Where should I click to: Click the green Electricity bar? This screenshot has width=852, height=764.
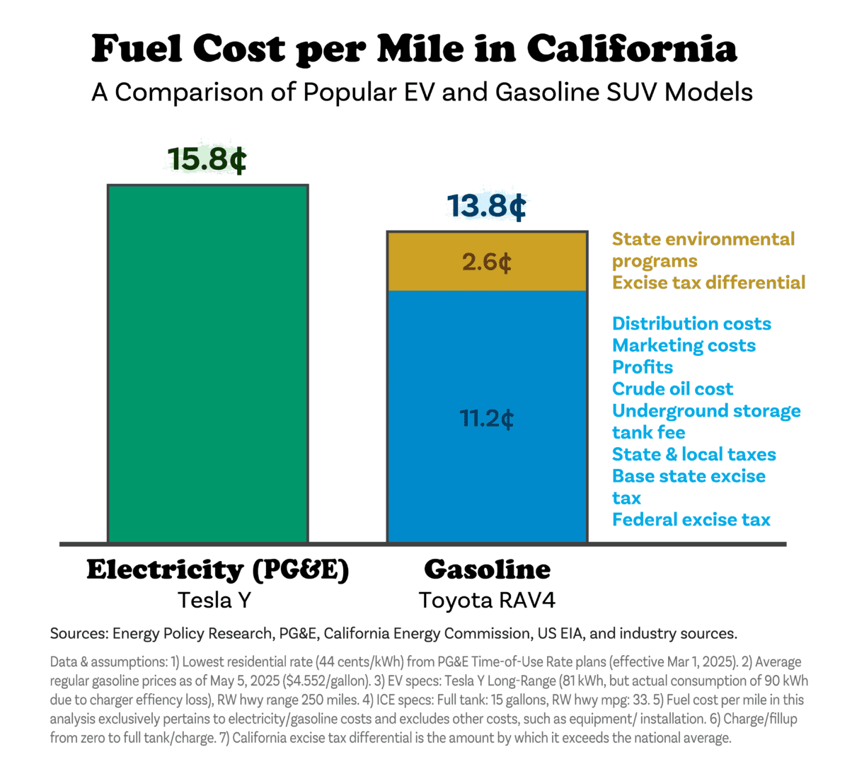coord(208,364)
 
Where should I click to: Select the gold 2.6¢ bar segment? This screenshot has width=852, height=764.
coord(487,261)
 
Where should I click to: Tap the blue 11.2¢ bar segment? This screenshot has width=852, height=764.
coord(487,417)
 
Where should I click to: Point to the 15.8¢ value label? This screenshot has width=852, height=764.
coord(207,159)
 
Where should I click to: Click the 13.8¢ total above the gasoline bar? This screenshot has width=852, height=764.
coord(486,206)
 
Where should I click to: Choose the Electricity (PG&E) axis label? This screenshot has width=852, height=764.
coord(218,571)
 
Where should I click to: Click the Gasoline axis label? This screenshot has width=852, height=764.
coord(487,569)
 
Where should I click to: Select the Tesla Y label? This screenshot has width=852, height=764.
coord(214,600)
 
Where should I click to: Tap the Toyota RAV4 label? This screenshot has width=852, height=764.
coord(487,600)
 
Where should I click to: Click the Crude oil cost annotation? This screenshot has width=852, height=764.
coord(672,388)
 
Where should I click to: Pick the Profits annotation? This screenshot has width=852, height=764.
coord(642,366)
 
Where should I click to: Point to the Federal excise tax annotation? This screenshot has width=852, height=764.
coord(691,519)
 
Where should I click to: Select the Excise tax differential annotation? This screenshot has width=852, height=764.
coord(708,282)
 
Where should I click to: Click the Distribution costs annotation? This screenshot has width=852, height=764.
coord(691,323)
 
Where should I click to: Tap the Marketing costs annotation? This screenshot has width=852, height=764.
coord(684,345)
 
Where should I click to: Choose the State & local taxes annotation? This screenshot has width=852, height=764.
coord(694,454)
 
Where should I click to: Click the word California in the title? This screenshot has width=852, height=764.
coord(632,49)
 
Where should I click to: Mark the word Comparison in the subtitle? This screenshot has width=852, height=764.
coord(190,92)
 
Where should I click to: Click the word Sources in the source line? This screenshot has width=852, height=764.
coord(79,633)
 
